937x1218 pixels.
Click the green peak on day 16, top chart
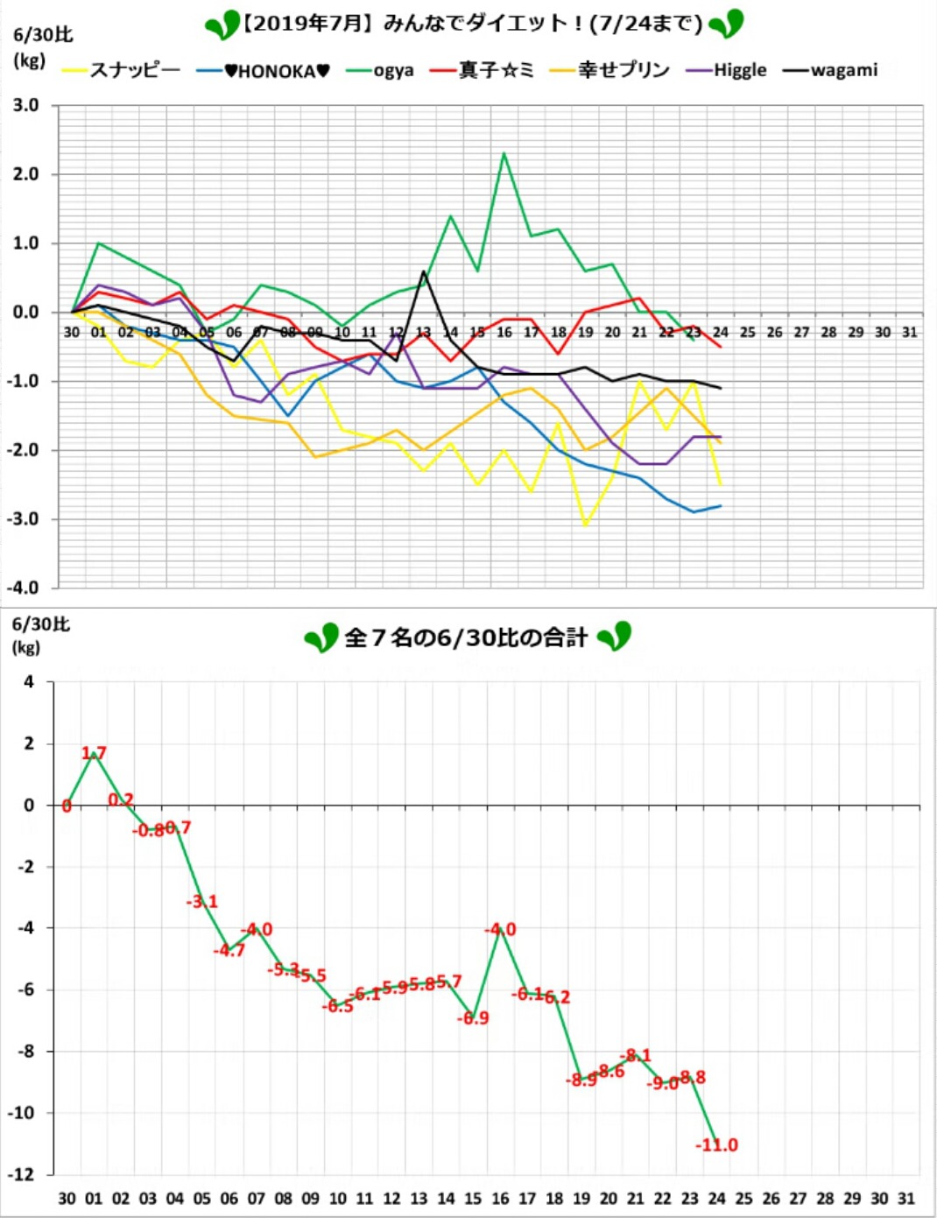(x=504, y=153)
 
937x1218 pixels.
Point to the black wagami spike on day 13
(x=424, y=271)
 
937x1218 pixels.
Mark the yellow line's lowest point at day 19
(x=585, y=525)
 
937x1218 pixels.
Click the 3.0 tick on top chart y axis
(x=26, y=105)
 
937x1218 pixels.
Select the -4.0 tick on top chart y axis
(x=24, y=588)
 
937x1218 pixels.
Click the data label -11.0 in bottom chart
(x=717, y=1144)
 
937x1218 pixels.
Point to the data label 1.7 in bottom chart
(x=94, y=753)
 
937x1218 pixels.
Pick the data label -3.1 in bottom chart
(x=202, y=901)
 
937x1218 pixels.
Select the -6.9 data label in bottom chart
(x=474, y=1017)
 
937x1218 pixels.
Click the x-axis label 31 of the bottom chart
(x=906, y=1198)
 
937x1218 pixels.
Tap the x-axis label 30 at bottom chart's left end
(x=67, y=1198)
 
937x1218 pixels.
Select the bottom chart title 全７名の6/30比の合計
(x=466, y=637)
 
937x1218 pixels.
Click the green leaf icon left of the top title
(x=222, y=25)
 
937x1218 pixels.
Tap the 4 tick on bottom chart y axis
(x=30, y=681)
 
